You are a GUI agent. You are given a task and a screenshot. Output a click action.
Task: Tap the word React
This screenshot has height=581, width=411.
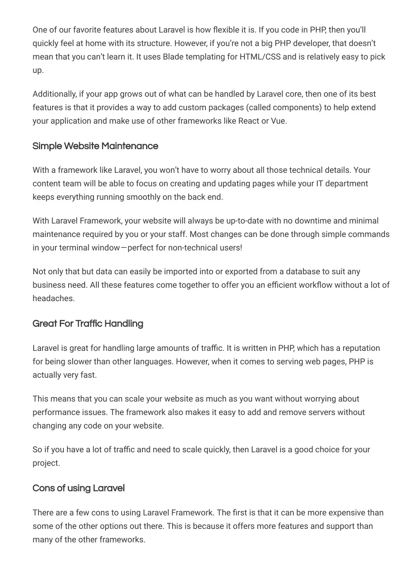point(248,121)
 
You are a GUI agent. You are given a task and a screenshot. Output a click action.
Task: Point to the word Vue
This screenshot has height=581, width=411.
point(279,121)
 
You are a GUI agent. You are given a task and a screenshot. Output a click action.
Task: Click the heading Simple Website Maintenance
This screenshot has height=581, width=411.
point(95,146)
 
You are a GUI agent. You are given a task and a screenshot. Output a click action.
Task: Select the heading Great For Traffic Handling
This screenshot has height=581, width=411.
point(88,324)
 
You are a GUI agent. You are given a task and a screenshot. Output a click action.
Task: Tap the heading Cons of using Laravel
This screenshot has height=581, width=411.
point(79,488)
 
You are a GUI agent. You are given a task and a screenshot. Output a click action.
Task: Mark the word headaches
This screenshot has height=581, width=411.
point(53,299)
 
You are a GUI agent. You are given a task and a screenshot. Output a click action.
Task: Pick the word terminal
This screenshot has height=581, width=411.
point(74,248)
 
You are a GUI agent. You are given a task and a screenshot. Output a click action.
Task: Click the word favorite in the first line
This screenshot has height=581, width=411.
point(86,30)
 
